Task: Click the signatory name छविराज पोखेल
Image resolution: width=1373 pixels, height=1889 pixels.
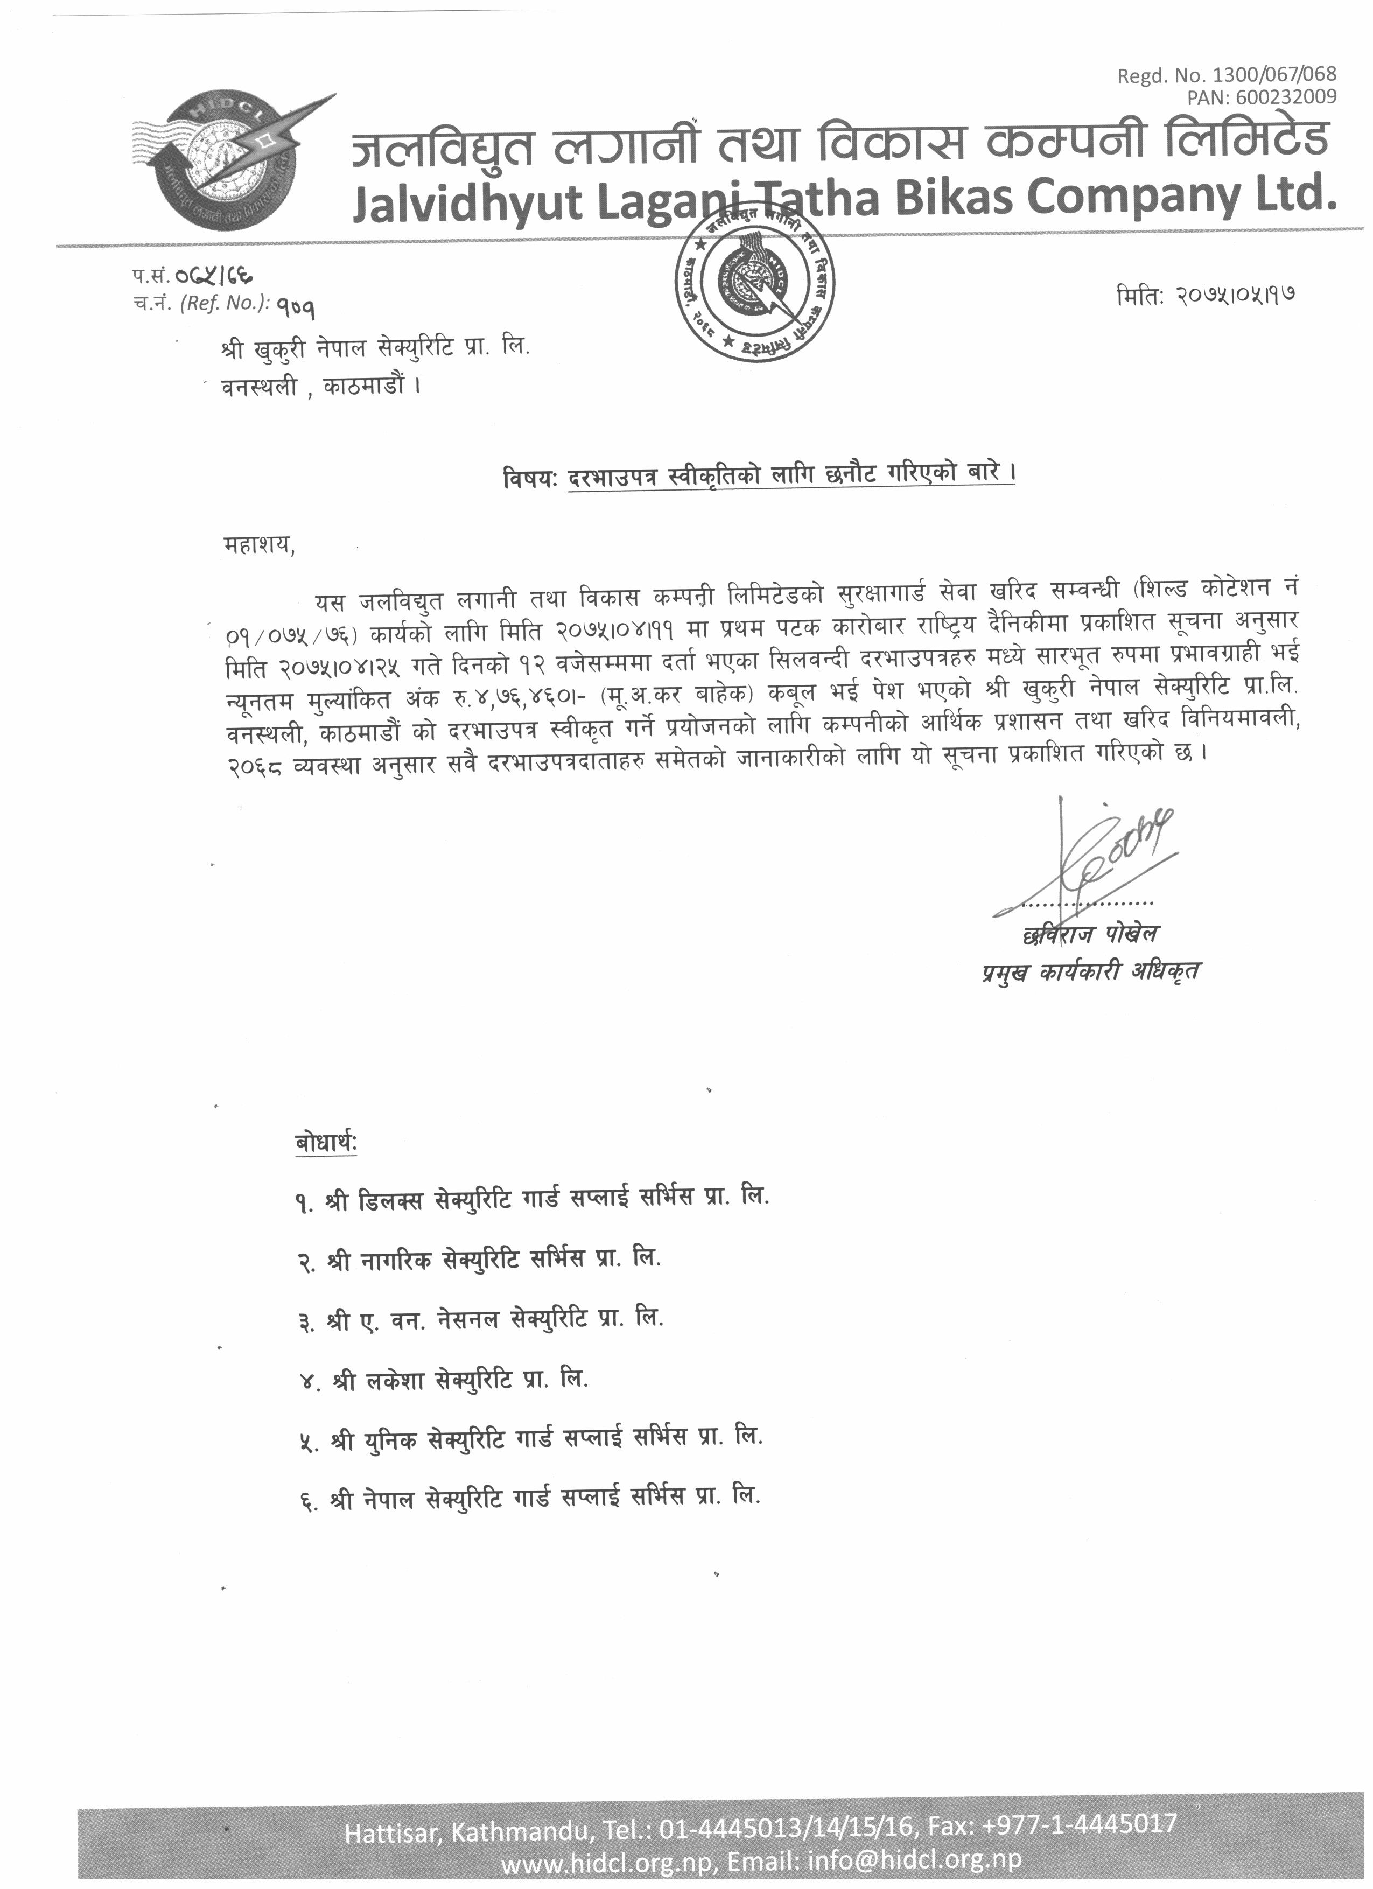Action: click(x=1091, y=934)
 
